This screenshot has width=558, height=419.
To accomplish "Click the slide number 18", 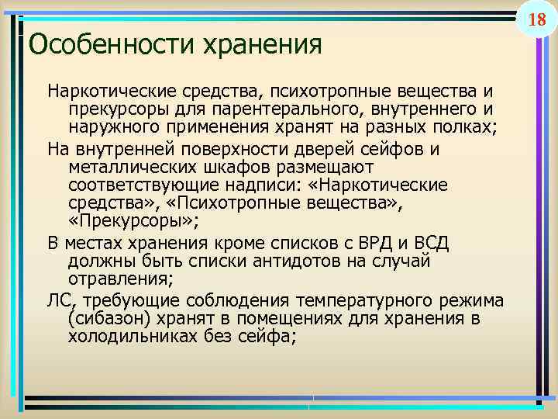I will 537,19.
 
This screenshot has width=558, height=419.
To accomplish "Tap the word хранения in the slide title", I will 261,44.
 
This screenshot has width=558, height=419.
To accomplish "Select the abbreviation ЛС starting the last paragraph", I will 58,300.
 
